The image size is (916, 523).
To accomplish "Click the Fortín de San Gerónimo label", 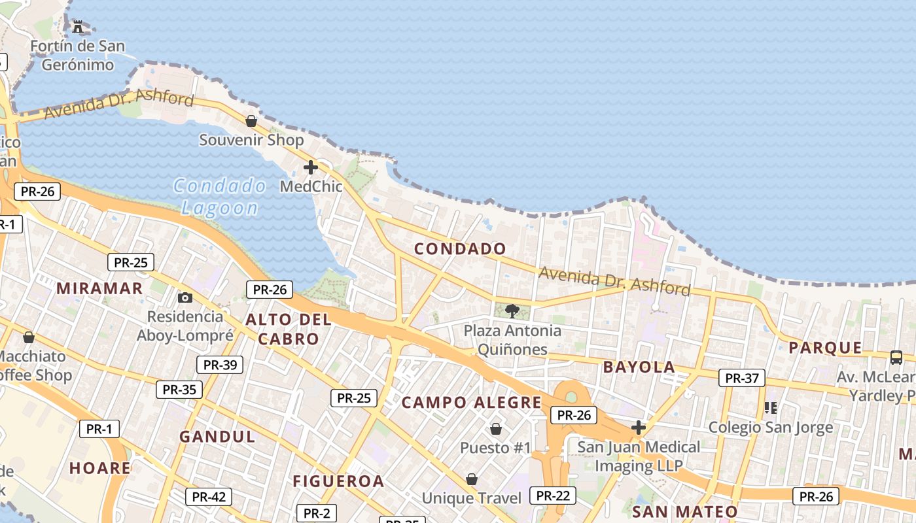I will click(77, 56).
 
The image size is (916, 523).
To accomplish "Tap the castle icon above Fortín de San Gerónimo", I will click(78, 27).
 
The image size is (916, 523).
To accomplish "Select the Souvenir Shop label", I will click(251, 140).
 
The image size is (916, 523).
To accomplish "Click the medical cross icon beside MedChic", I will click(311, 167).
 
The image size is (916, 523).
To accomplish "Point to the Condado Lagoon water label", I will click(220, 197).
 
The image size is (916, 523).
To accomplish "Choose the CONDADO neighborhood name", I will click(460, 249).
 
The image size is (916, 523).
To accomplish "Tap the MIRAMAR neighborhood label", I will click(99, 288).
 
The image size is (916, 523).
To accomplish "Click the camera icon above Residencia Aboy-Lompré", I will click(185, 298).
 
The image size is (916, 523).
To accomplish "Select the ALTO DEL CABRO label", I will click(289, 329).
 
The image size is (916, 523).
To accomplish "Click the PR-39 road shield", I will click(220, 365).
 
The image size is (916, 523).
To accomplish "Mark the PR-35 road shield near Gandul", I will click(179, 390).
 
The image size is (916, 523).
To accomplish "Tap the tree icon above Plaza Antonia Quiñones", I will click(512, 311).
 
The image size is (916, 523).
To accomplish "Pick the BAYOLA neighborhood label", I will click(639, 367).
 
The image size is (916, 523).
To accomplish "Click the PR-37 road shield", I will click(742, 378).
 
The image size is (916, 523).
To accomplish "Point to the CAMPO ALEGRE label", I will click(472, 403).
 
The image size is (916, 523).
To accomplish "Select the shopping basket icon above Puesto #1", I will click(496, 429).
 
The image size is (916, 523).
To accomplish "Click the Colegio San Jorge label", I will click(771, 428).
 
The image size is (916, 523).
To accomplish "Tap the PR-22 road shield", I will click(553, 496).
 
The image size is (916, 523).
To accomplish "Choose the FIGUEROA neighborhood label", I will click(338, 482).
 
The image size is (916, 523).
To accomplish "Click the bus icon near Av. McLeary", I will click(896, 358).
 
